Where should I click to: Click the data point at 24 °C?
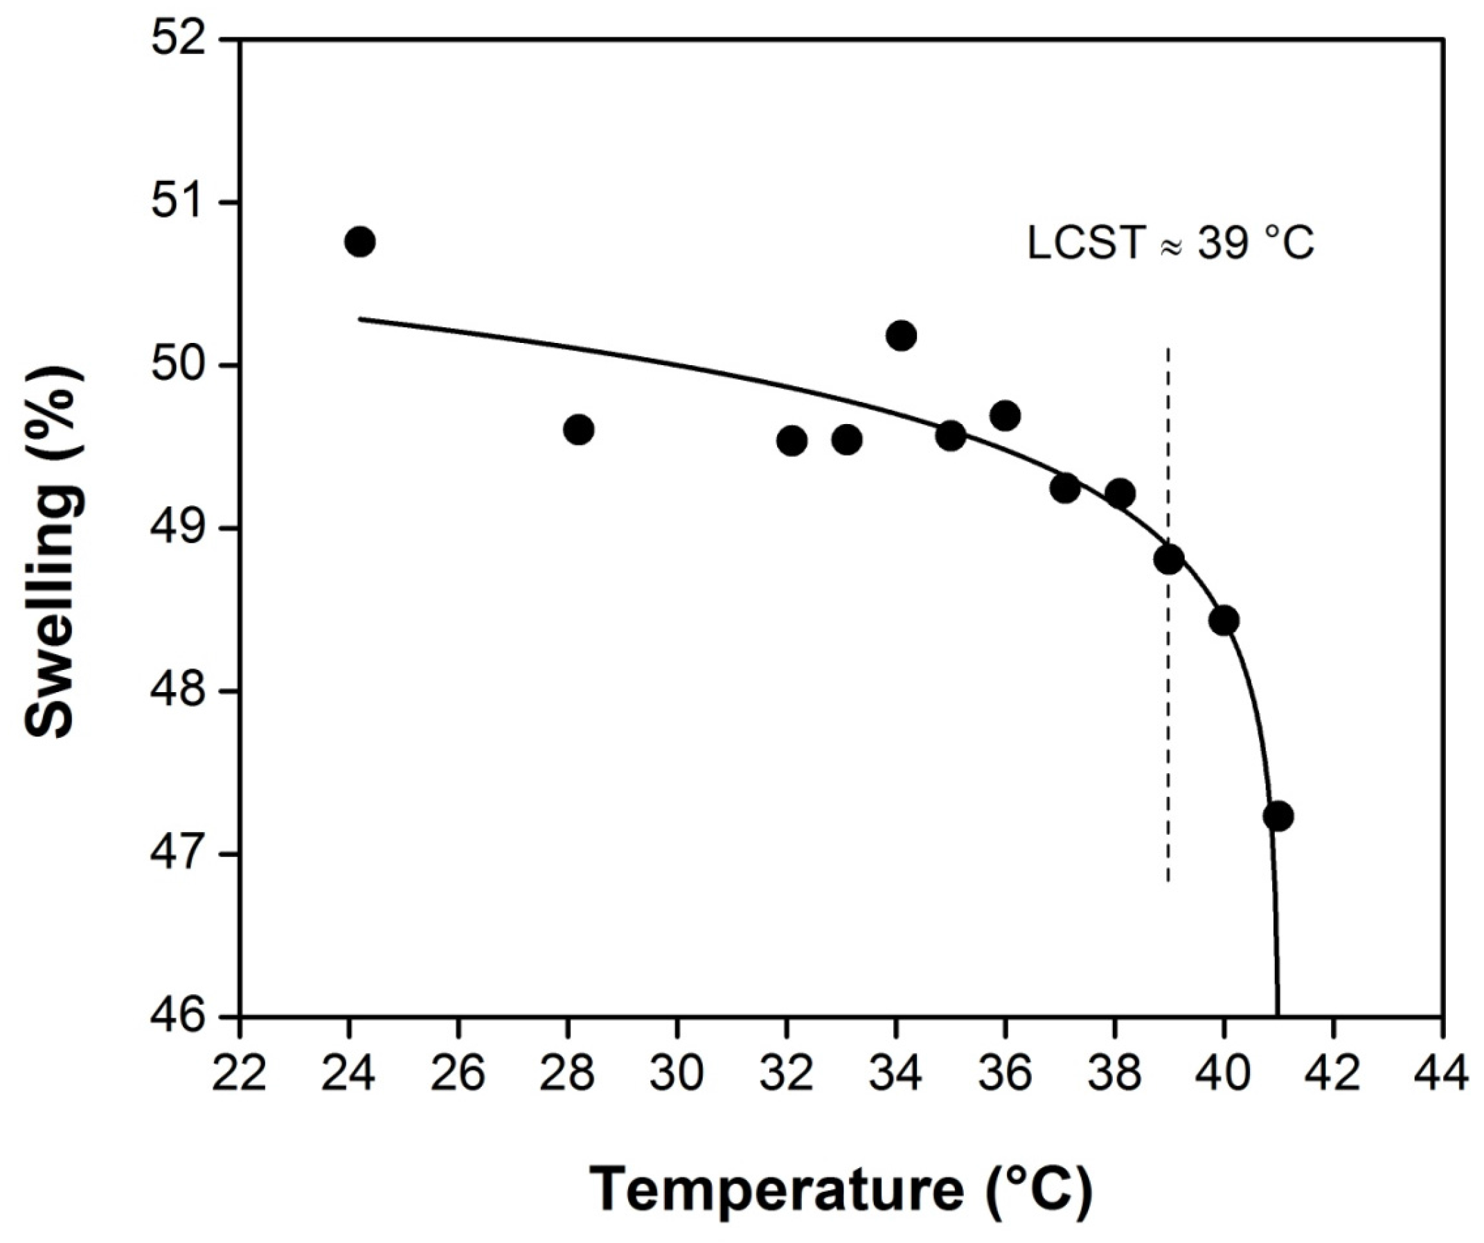coord(359,242)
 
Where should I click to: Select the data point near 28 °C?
coord(579,429)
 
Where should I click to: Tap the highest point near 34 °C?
coord(901,335)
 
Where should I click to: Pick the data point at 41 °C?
coord(1278,816)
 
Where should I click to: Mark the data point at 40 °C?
coord(1224,620)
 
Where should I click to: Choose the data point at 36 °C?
coord(1005,416)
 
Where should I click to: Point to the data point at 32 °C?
coord(792,441)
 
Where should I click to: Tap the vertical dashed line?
coord(1168,743)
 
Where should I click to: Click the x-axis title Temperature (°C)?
coord(841,1190)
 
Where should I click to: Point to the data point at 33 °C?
coord(847,440)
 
